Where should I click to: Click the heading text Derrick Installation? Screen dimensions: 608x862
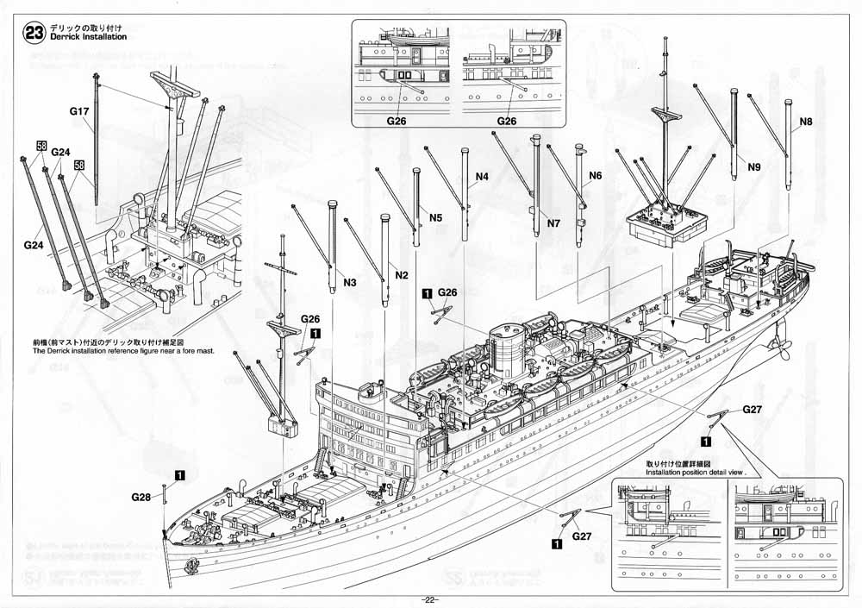(x=89, y=38)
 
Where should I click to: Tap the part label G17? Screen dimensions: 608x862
(x=79, y=112)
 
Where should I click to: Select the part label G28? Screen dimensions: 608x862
(x=141, y=498)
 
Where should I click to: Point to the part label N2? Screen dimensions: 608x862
(x=401, y=274)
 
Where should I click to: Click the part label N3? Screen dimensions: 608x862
(x=350, y=283)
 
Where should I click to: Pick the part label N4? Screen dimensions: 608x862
(x=482, y=177)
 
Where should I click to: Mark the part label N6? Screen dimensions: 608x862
(x=595, y=177)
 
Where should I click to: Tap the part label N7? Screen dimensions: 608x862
(x=553, y=223)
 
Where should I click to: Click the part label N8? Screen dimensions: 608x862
(x=806, y=122)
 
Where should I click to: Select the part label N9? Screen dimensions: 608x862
(x=754, y=166)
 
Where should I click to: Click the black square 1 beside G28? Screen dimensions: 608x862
(x=179, y=474)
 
